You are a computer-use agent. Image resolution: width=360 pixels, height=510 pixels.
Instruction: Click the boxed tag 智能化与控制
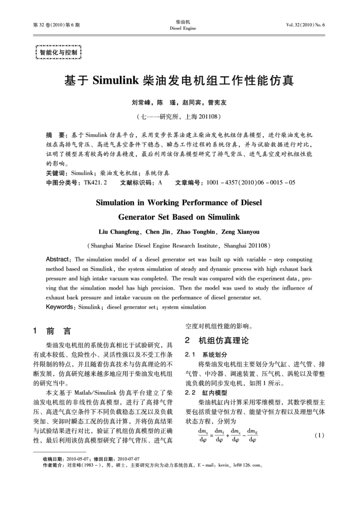click(58, 52)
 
